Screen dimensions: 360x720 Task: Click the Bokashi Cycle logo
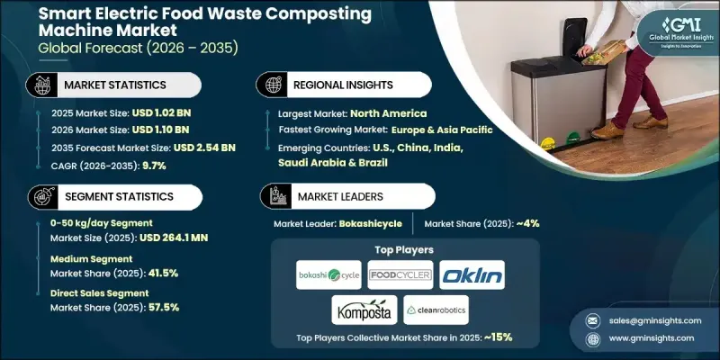328,274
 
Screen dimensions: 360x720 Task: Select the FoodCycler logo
400,274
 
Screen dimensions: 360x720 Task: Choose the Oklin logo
472,274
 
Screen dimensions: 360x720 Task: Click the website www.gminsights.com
650,337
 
